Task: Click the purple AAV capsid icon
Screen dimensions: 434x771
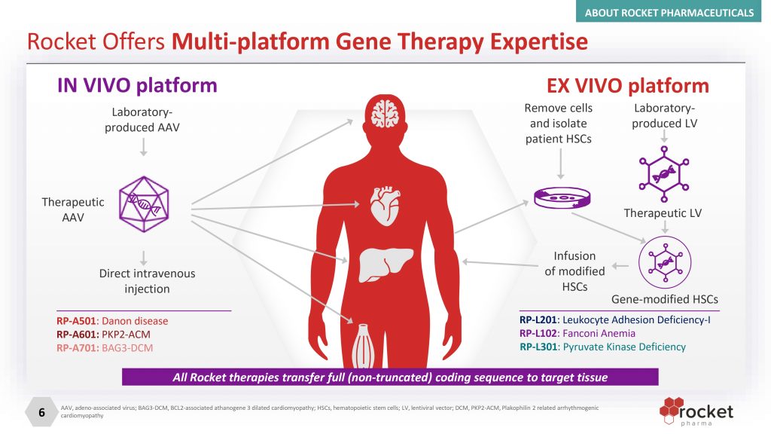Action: tap(142, 203)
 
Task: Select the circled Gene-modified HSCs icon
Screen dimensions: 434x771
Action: tap(663, 260)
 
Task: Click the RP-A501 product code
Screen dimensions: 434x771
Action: tap(77, 321)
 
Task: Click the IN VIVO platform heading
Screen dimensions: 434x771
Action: tap(137, 86)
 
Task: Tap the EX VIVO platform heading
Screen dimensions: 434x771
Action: tap(627, 86)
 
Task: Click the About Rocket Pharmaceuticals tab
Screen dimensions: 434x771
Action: tap(679, 12)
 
